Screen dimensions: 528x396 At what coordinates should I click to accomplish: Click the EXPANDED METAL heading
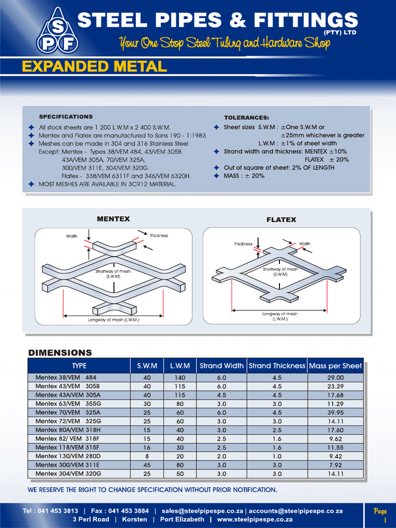pos(94,67)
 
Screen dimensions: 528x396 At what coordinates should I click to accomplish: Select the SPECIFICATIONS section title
pos(66,117)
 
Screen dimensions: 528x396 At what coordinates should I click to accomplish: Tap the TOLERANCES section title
pos(246,118)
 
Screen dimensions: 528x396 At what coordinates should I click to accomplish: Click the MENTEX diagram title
pos(113,219)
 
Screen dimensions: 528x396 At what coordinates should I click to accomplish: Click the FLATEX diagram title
pos(281,220)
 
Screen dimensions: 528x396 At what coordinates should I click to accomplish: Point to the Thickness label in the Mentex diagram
pos(159,236)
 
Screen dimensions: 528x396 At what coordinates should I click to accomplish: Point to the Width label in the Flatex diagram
pos(305,243)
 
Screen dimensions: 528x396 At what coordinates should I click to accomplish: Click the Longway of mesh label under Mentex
pos(113,320)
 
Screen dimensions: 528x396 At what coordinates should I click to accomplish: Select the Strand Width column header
pos(222,366)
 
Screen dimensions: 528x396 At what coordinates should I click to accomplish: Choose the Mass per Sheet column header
pos(335,366)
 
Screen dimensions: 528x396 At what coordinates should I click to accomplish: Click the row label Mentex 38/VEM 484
pos(66,377)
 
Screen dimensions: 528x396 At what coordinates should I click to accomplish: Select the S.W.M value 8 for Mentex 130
pos(147,456)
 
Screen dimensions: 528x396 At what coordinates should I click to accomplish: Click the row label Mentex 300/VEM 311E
pos(68,465)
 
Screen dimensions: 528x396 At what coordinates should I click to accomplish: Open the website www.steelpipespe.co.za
pos(255,519)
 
